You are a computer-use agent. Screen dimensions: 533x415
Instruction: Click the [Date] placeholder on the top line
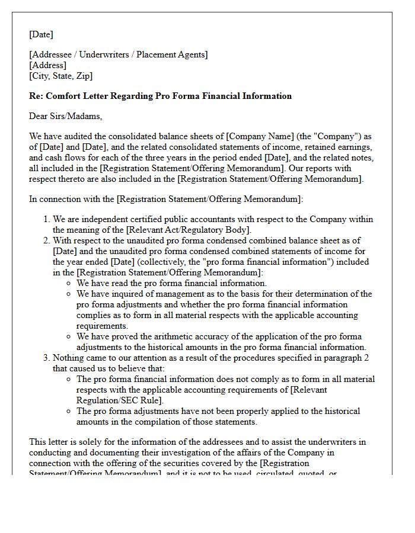point(41,34)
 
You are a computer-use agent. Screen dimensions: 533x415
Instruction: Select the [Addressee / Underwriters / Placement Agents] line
point(119,54)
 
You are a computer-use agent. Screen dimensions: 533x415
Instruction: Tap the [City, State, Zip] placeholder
point(60,76)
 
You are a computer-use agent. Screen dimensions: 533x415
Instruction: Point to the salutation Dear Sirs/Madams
point(65,116)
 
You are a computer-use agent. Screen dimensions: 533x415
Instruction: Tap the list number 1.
point(46,219)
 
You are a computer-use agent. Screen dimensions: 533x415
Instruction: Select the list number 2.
point(46,240)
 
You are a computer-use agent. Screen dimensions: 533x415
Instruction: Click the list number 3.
point(46,358)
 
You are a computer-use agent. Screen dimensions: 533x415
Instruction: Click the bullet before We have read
point(69,283)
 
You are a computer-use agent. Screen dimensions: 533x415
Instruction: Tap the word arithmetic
point(182,336)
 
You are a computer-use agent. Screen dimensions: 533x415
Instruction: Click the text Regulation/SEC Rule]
point(119,400)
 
